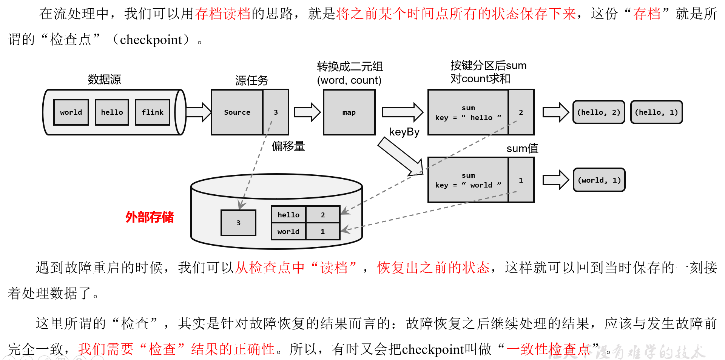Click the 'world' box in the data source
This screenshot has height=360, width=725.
pos(71,112)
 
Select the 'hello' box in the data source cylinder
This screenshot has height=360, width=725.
pos(112,112)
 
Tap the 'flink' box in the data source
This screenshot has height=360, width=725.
pos(153,112)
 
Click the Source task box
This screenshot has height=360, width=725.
pos(237,112)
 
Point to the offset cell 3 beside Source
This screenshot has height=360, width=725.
pos(276,112)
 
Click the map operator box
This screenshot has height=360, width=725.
pos(349,112)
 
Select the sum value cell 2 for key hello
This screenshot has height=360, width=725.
pos(521,112)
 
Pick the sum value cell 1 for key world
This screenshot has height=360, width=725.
pos(521,180)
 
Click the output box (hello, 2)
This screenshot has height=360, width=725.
pos(599,112)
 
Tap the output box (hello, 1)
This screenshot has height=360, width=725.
pos(657,112)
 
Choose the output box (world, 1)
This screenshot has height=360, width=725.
pos(599,180)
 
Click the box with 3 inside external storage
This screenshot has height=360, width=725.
pos(238,223)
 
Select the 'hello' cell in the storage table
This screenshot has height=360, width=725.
pos(288,215)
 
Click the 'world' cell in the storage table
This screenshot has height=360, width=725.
pos(288,231)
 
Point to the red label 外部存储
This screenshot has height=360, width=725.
pos(150,217)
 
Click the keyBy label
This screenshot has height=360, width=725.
pos(404,132)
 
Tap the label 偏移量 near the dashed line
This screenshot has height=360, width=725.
pos(288,146)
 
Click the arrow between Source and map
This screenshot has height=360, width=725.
pos(307,112)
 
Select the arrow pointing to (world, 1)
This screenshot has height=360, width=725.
pos(555,180)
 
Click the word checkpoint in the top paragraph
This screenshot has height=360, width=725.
pos(151,40)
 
